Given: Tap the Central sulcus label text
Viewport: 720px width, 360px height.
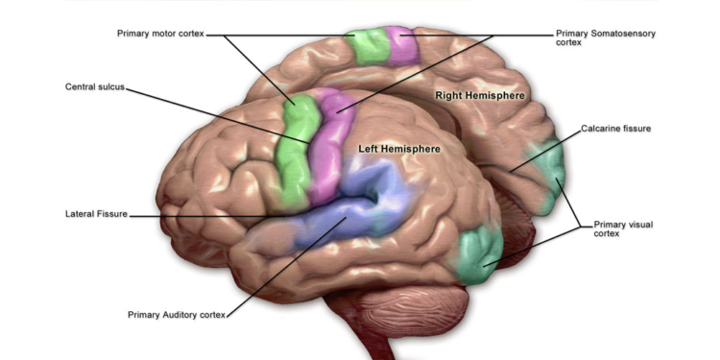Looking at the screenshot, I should pos(94,86).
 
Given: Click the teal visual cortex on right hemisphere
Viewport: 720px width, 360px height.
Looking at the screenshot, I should pos(547,173).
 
